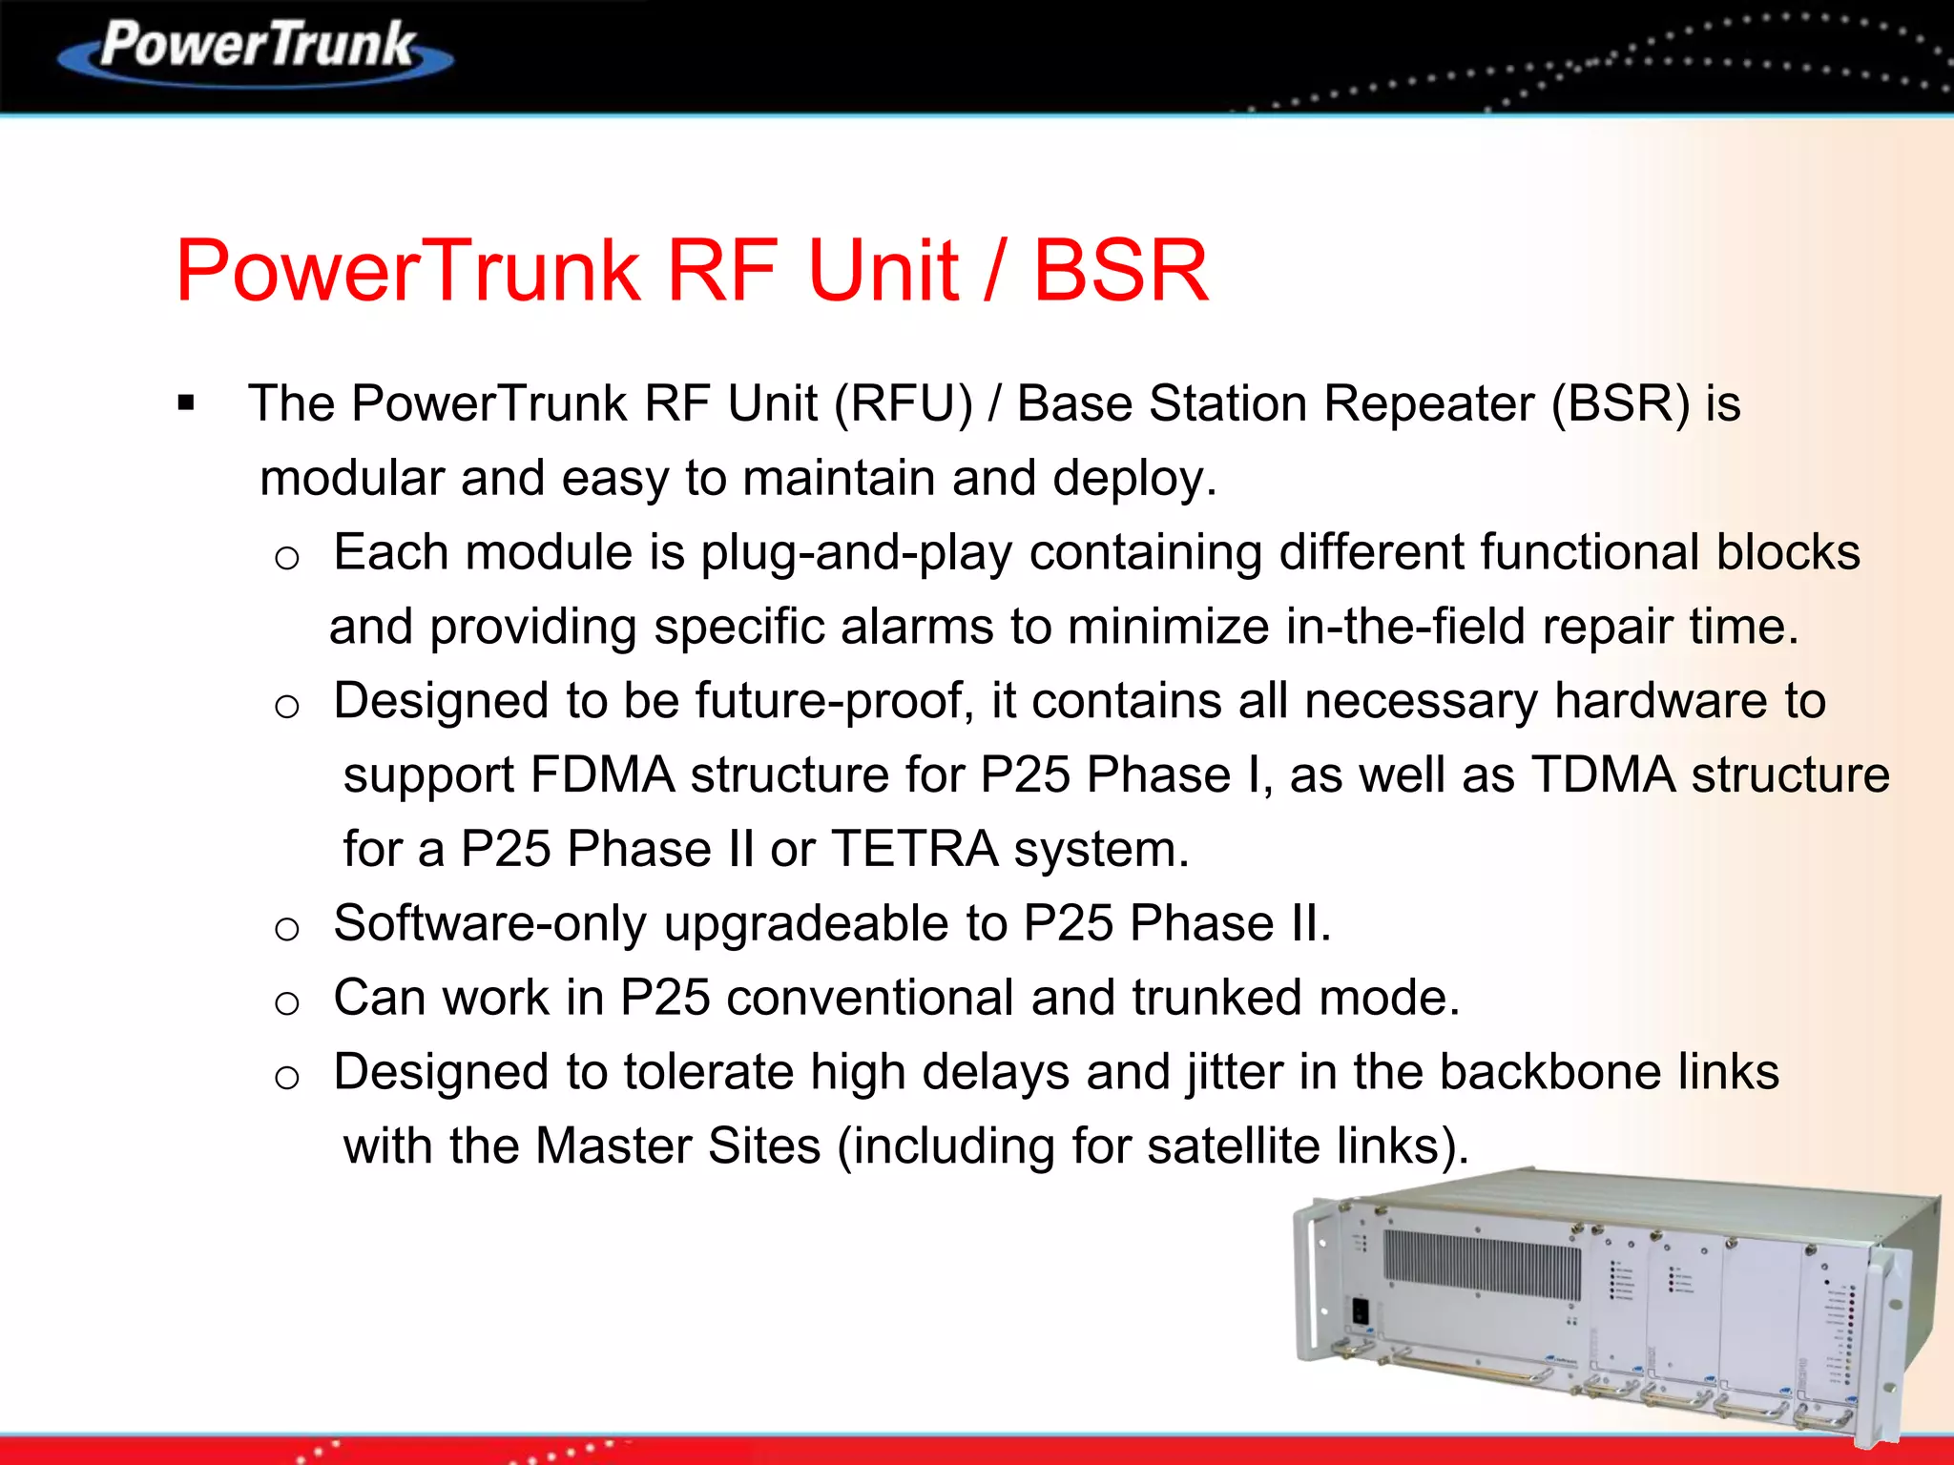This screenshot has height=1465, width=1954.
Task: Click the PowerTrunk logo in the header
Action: pos(256,50)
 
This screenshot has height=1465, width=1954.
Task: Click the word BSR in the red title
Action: pos(1120,271)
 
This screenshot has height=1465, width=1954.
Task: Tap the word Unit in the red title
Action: pos(883,271)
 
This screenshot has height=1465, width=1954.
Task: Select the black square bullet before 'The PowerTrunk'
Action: pos(186,403)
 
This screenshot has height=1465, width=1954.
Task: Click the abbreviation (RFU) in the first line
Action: pos(903,403)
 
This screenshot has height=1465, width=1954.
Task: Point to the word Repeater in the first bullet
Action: pos(1428,403)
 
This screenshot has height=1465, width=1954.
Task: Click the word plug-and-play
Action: pos(856,553)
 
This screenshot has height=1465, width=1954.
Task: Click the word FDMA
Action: pos(602,774)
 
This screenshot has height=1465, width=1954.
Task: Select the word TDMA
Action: pos(1603,774)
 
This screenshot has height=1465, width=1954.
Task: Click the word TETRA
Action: pos(914,849)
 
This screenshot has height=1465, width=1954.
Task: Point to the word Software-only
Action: pos(489,923)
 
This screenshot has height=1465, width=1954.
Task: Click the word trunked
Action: pos(1216,998)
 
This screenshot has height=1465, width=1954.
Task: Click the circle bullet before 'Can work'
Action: pos(287,1002)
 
